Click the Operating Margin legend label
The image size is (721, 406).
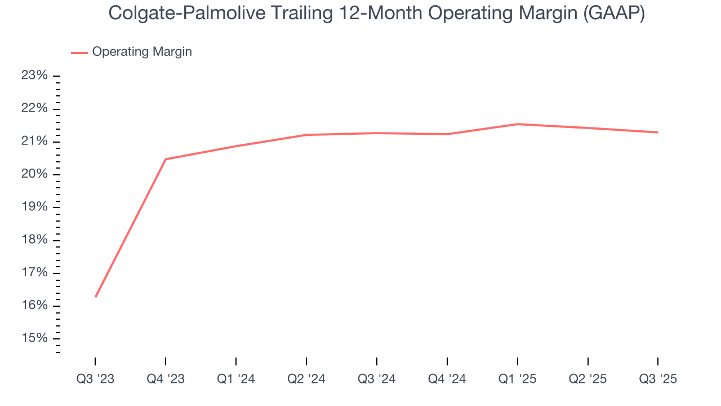tap(142, 52)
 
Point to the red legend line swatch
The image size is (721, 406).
tap(79, 52)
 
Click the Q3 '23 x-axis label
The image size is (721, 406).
tap(95, 379)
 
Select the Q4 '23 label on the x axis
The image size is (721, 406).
tap(166, 379)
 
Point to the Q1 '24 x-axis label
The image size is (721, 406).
tap(236, 379)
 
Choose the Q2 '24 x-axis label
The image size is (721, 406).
tap(306, 379)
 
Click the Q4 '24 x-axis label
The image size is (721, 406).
tap(447, 379)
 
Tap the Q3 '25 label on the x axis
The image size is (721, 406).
tap(658, 379)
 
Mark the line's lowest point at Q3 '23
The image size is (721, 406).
tap(96, 297)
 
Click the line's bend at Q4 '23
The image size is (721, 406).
tap(166, 159)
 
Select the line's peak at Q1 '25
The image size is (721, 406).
tap(518, 124)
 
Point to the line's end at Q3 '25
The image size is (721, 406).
tap(657, 133)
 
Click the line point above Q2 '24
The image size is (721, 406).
tap(306, 135)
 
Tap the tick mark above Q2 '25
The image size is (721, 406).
tap(588, 361)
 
